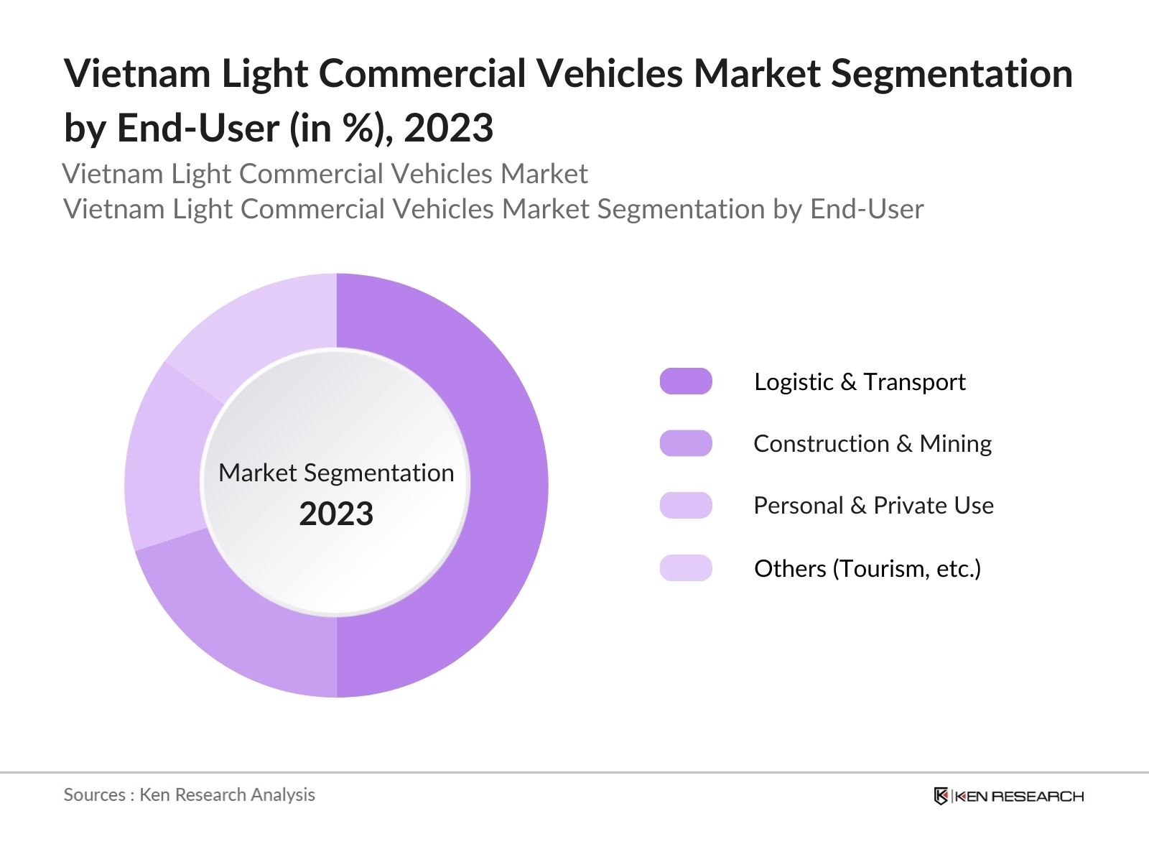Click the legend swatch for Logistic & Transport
[686, 381]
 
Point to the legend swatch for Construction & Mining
[686, 443]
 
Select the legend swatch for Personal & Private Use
[686, 506]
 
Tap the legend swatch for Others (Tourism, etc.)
[686, 568]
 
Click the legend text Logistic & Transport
[860, 381]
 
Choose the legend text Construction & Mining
[873, 443]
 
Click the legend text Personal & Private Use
[873, 506]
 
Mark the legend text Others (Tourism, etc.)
[867, 568]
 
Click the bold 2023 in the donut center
[336, 514]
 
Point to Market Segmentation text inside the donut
[336, 473]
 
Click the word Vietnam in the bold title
[137, 73]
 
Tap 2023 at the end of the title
[448, 129]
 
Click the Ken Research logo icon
[941, 796]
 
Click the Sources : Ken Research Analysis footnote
[189, 794]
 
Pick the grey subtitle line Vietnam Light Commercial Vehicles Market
[325, 174]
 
